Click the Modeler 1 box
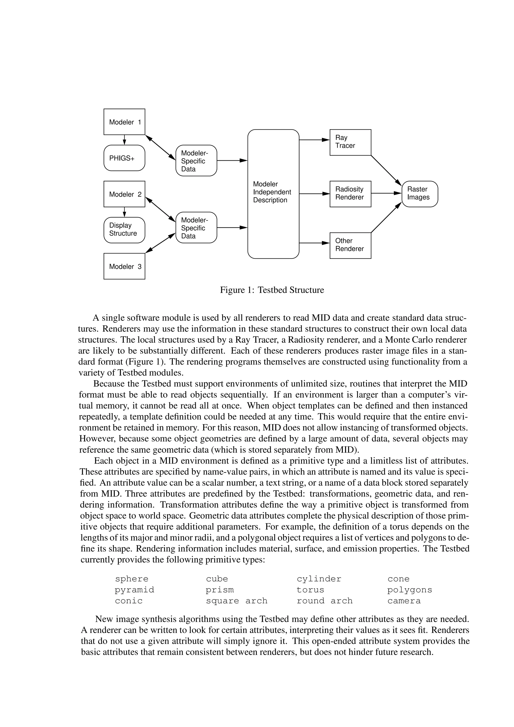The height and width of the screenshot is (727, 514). point(124,122)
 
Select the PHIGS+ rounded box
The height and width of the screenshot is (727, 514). point(124,158)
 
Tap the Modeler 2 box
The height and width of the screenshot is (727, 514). point(124,194)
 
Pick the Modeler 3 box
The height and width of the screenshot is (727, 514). point(124,266)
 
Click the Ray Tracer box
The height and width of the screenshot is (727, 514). point(350,142)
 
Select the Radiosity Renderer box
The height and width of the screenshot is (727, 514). point(350,194)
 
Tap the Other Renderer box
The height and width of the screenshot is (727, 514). point(350,245)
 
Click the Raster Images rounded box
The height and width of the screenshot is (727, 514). point(420,194)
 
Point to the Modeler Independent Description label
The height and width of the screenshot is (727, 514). point(272,192)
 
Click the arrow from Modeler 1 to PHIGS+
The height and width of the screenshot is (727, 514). point(124,140)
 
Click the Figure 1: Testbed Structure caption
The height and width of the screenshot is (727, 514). point(272,290)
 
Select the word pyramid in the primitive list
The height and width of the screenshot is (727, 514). point(134,590)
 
